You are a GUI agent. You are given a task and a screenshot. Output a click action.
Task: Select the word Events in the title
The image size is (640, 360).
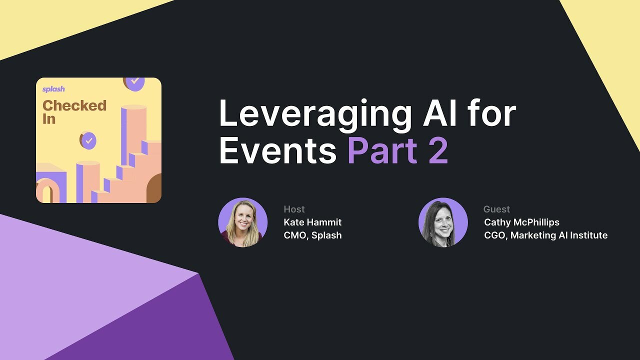277,151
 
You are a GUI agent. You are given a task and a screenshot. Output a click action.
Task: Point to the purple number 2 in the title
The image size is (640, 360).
438,151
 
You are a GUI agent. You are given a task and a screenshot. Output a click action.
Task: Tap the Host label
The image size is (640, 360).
294,209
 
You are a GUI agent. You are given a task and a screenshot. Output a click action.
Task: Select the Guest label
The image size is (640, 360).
496,209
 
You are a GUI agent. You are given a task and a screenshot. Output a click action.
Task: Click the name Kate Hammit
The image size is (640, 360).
312,222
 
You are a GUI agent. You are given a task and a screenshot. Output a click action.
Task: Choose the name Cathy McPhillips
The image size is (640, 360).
521,222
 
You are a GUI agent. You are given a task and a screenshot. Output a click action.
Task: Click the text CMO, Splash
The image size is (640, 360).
312,235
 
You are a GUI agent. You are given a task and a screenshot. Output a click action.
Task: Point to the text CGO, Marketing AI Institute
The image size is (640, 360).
545,235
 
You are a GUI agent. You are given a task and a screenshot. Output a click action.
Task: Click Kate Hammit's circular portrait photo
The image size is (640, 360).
243,222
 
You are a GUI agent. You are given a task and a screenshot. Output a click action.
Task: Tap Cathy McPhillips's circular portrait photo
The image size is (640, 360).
443,222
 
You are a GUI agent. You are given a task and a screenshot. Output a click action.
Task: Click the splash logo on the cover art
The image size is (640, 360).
53,89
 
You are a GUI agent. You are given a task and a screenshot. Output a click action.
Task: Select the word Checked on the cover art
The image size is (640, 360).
74,105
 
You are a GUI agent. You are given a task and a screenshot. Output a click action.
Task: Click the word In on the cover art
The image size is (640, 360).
48,119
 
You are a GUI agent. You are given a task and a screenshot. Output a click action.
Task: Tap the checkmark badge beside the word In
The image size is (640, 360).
88,140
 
